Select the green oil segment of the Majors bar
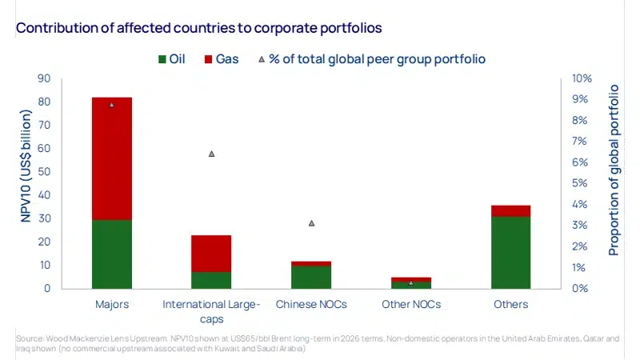[x=111, y=254]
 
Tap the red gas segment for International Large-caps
[x=211, y=253]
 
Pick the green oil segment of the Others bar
[x=510, y=252]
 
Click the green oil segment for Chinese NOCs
[x=311, y=277]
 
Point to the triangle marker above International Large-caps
[x=211, y=154]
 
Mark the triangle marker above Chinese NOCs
[x=311, y=223]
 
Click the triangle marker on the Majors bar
[x=111, y=105]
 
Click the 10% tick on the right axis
[x=581, y=78]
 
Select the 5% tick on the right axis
[x=581, y=183]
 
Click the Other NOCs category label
[x=410, y=305]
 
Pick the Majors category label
[x=111, y=305]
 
